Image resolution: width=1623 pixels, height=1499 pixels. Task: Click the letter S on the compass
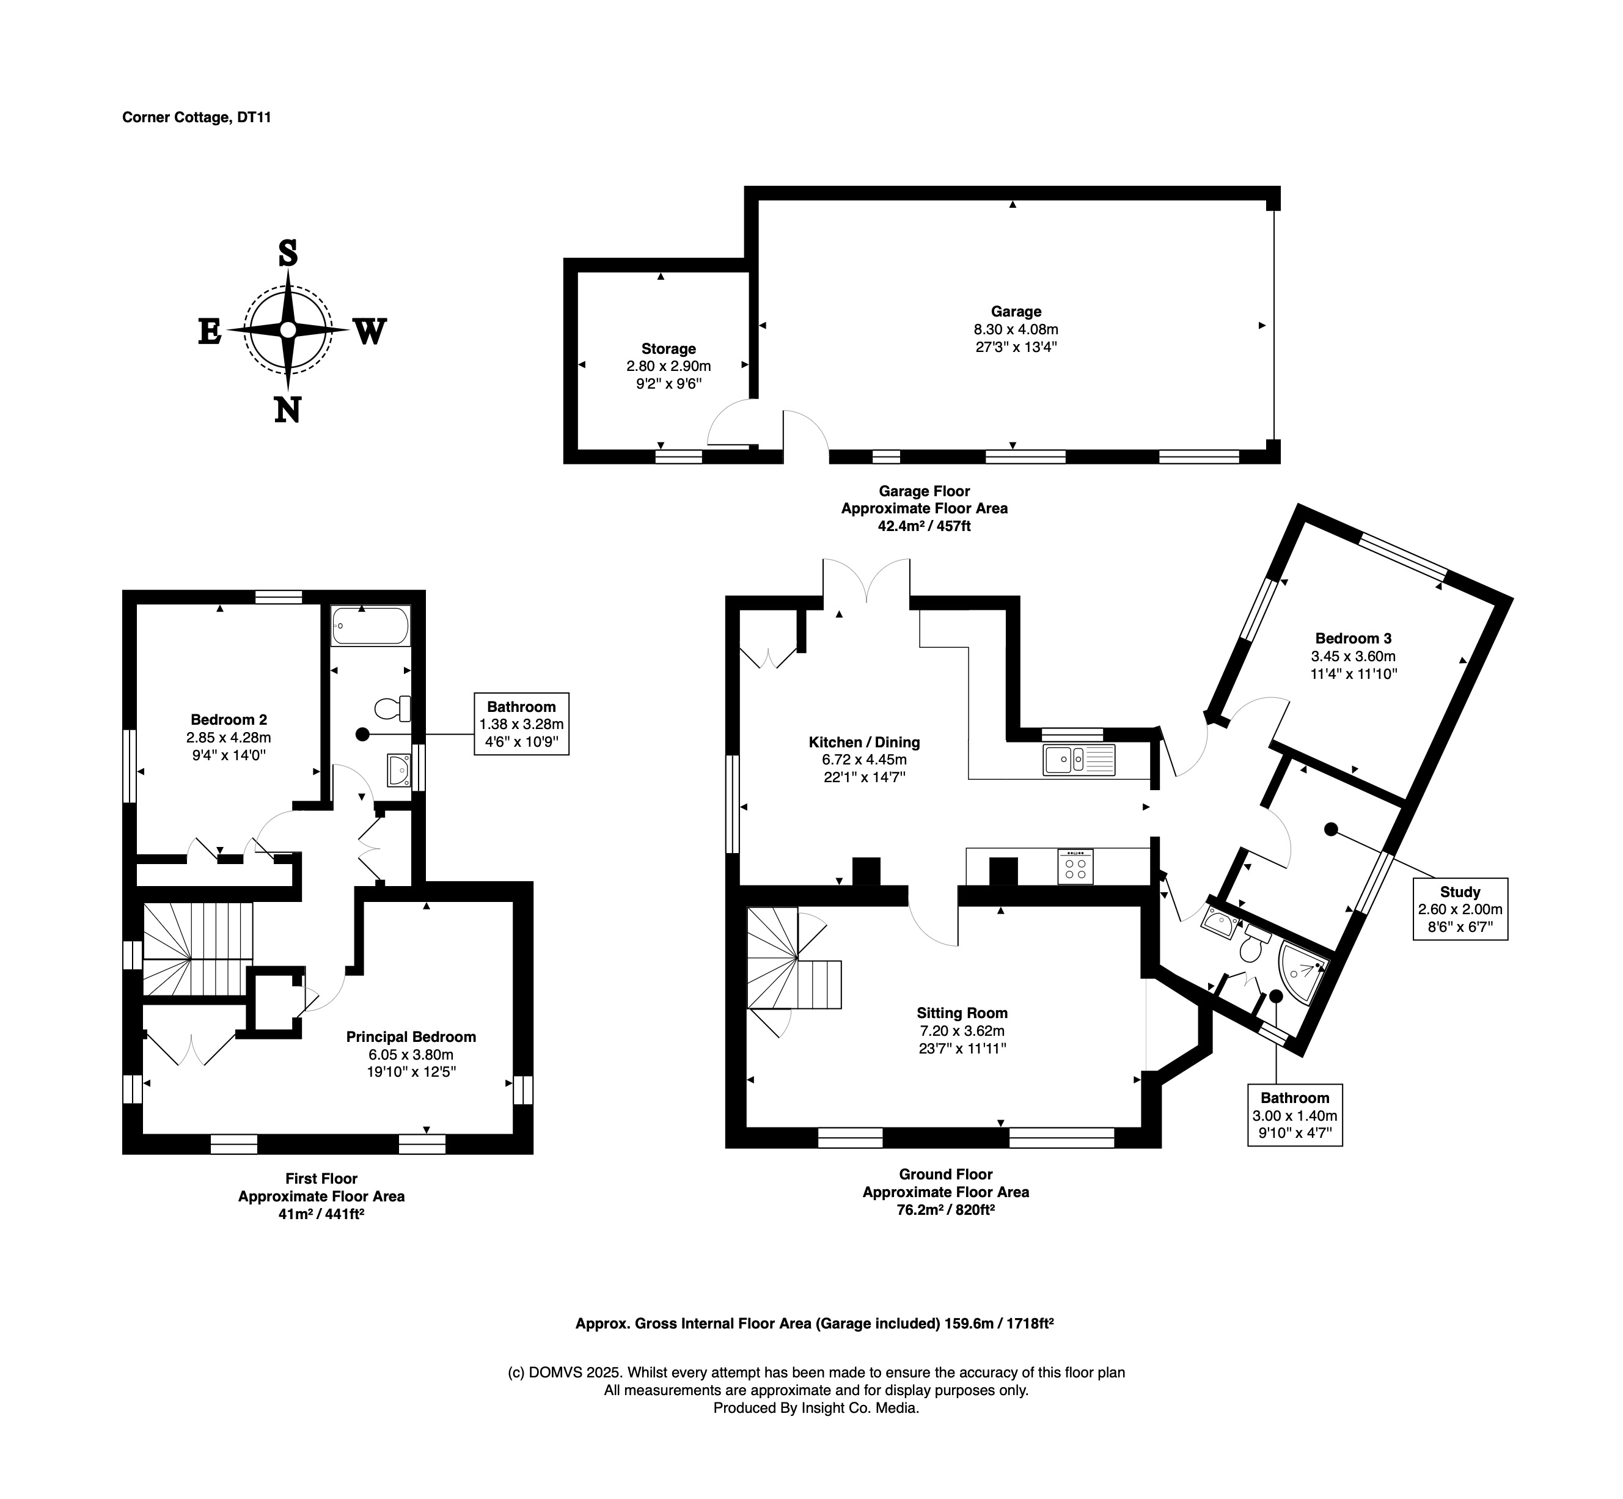[x=288, y=253]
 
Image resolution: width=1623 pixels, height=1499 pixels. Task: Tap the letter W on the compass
[x=369, y=332]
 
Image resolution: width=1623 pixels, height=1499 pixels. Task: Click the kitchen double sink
[x=1079, y=759]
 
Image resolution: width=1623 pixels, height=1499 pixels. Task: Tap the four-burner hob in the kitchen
[x=1075, y=867]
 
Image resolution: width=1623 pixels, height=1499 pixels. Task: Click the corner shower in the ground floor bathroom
[x=1300, y=971]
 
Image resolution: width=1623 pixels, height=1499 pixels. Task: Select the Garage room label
[x=1016, y=312]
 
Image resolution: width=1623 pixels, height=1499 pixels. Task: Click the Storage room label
[x=669, y=349]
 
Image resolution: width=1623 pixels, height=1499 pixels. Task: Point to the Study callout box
[x=1460, y=909]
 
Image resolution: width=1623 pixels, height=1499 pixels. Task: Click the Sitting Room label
[x=962, y=1013]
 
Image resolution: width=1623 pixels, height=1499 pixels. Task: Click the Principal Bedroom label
[x=411, y=1036]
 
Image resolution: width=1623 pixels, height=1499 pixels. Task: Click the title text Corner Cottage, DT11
[x=196, y=117]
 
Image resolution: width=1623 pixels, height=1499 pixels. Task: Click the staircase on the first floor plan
[x=198, y=948]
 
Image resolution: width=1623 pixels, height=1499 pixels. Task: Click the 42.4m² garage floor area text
[x=923, y=526]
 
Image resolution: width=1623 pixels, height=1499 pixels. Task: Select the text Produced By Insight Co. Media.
[x=816, y=1408]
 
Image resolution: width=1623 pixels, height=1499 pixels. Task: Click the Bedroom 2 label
[x=229, y=719]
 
